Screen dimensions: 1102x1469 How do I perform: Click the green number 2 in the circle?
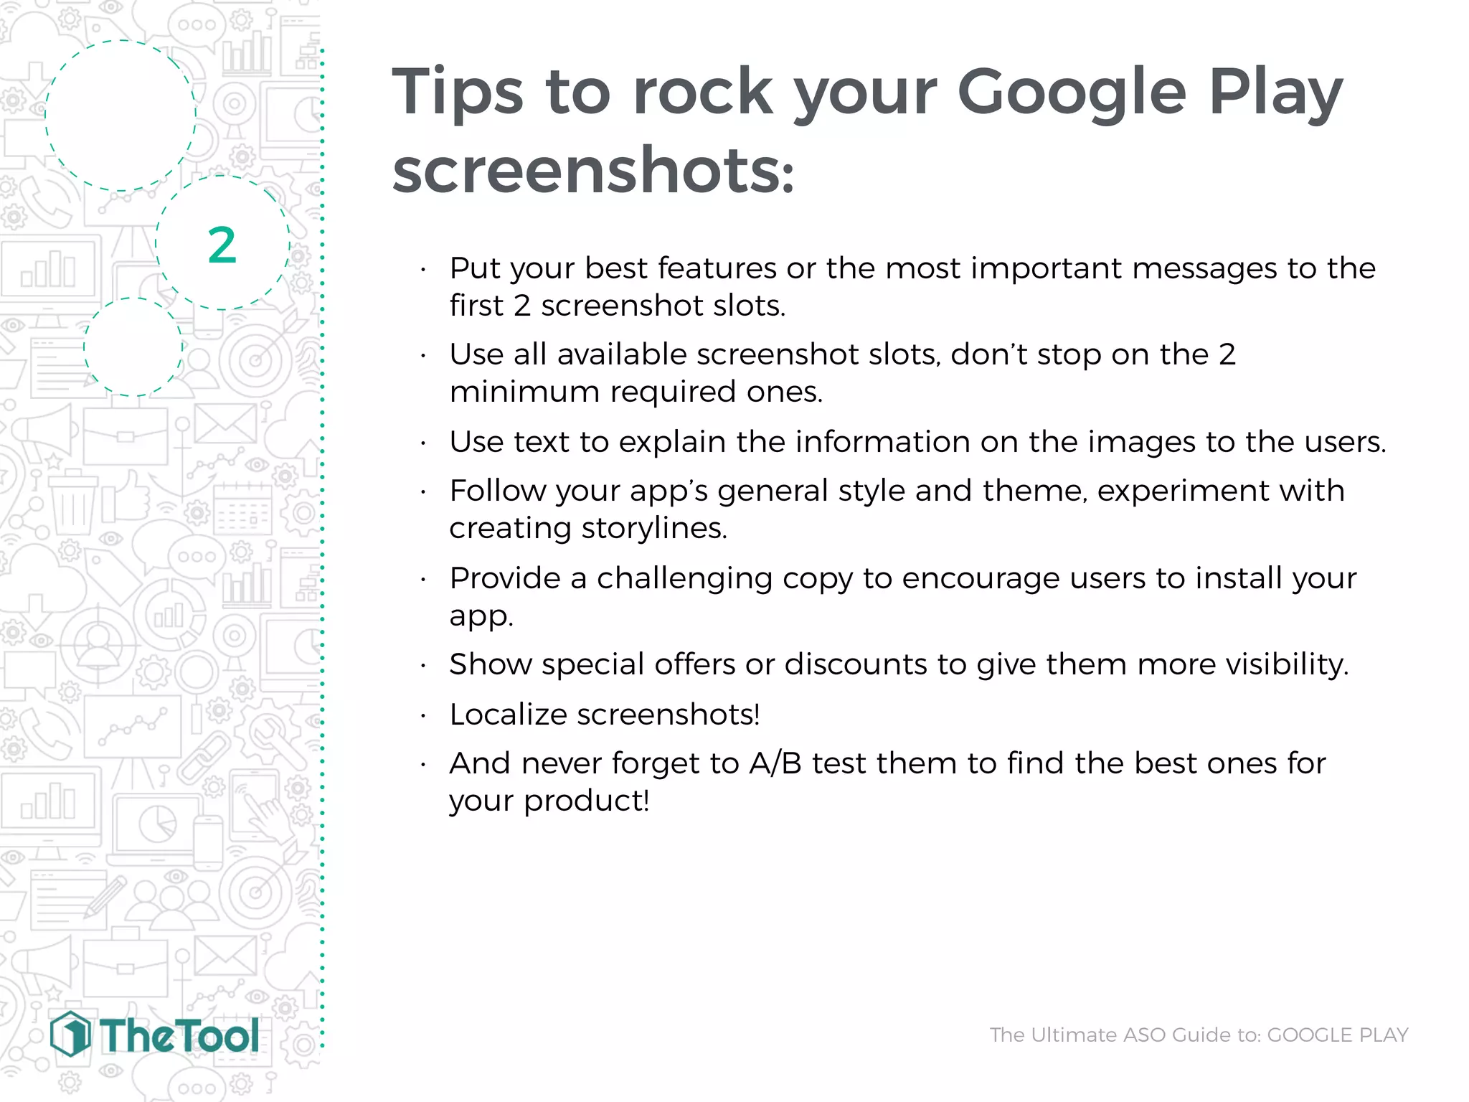pos(222,245)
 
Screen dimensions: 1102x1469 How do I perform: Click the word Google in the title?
pos(1072,93)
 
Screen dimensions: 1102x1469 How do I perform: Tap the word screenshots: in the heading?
pos(593,171)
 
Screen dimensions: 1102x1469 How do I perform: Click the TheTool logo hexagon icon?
pos(70,1034)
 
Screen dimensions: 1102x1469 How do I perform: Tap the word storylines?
pos(654,528)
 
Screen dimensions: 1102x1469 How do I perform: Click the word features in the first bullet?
pos(717,268)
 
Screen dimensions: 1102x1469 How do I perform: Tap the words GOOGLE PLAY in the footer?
pos(1338,1035)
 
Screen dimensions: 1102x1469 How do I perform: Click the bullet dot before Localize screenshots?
pos(424,716)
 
